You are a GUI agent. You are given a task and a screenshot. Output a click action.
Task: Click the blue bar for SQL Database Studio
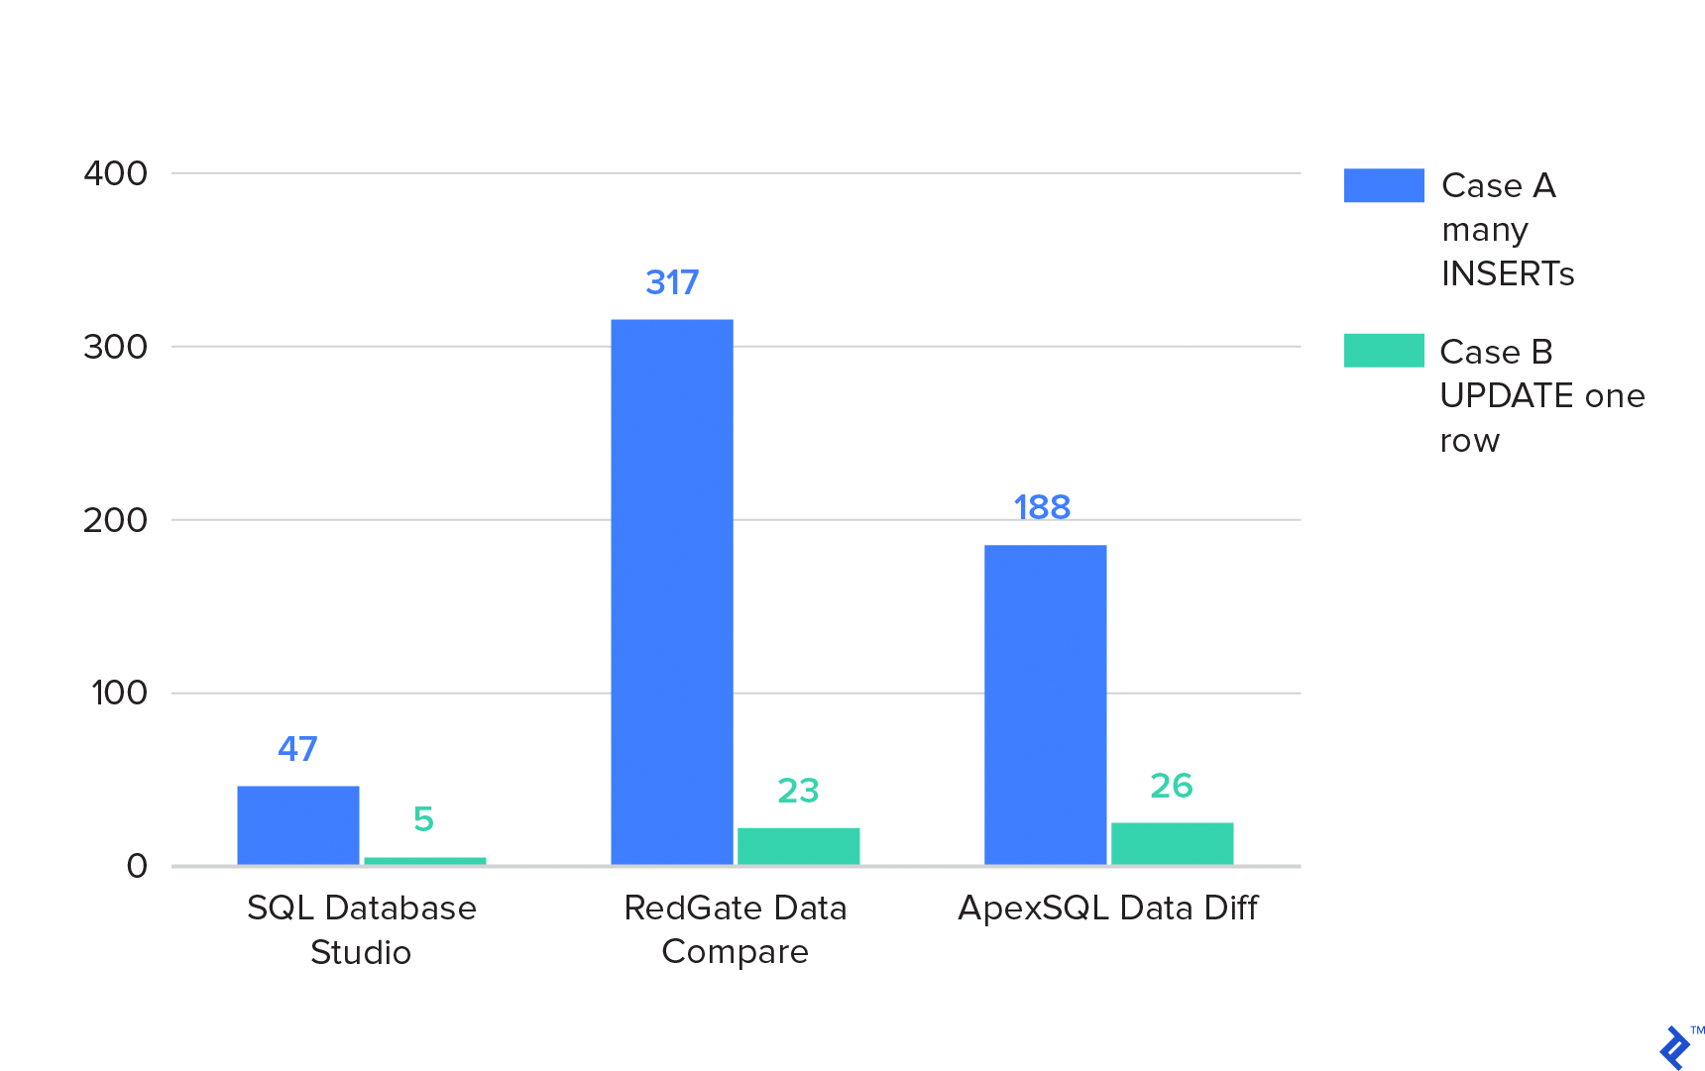(x=297, y=825)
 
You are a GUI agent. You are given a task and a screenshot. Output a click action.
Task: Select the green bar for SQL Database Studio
(x=424, y=861)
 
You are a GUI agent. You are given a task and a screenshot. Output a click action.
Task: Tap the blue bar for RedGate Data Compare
(x=671, y=591)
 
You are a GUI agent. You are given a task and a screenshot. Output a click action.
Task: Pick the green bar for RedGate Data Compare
(x=798, y=846)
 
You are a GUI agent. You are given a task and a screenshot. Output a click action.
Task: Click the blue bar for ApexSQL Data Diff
(x=1045, y=704)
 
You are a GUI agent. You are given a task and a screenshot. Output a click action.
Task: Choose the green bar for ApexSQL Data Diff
(x=1172, y=843)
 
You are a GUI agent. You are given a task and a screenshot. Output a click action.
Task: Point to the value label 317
(x=672, y=283)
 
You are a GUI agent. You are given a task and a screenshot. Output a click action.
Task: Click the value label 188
(x=1042, y=508)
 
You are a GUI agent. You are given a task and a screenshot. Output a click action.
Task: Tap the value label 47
(x=297, y=749)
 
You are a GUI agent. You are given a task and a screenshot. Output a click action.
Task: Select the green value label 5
(x=423, y=819)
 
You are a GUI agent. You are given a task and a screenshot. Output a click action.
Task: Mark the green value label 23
(x=798, y=791)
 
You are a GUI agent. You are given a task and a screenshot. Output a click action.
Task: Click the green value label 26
(x=1171, y=786)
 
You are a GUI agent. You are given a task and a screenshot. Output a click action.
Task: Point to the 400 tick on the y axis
(x=116, y=173)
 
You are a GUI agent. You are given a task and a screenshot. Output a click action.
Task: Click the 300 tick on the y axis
(x=116, y=347)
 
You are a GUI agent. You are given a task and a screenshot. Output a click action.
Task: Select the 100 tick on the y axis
(x=119, y=693)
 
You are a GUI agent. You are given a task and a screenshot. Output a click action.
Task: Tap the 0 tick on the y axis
(x=137, y=866)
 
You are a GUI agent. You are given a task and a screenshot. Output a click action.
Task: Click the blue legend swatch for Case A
(x=1384, y=185)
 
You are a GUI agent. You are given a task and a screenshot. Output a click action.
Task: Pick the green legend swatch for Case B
(x=1384, y=351)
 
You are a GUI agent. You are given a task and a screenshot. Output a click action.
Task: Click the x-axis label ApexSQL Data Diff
(x=1107, y=908)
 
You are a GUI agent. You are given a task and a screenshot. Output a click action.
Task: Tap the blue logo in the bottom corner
(x=1675, y=1047)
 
